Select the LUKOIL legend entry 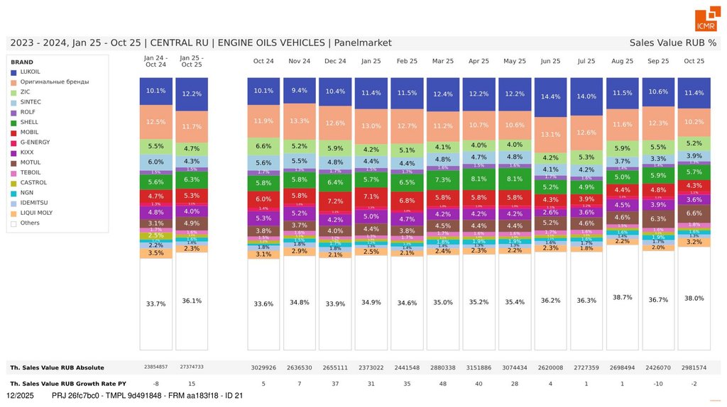(30, 72)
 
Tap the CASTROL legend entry (33, 183)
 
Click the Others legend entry (30, 223)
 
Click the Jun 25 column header (551, 62)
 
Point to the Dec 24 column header (335, 62)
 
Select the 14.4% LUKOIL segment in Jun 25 (551, 96)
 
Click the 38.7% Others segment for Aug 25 (623, 297)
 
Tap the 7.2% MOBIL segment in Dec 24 (335, 201)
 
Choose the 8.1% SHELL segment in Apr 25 (479, 179)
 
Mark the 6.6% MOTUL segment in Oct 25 (694, 213)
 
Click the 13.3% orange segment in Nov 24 (300, 121)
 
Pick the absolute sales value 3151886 (479, 367)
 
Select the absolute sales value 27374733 (191, 367)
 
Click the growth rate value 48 (443, 384)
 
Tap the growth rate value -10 (658, 384)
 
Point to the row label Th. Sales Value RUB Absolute (57, 367)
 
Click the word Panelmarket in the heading (363, 43)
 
